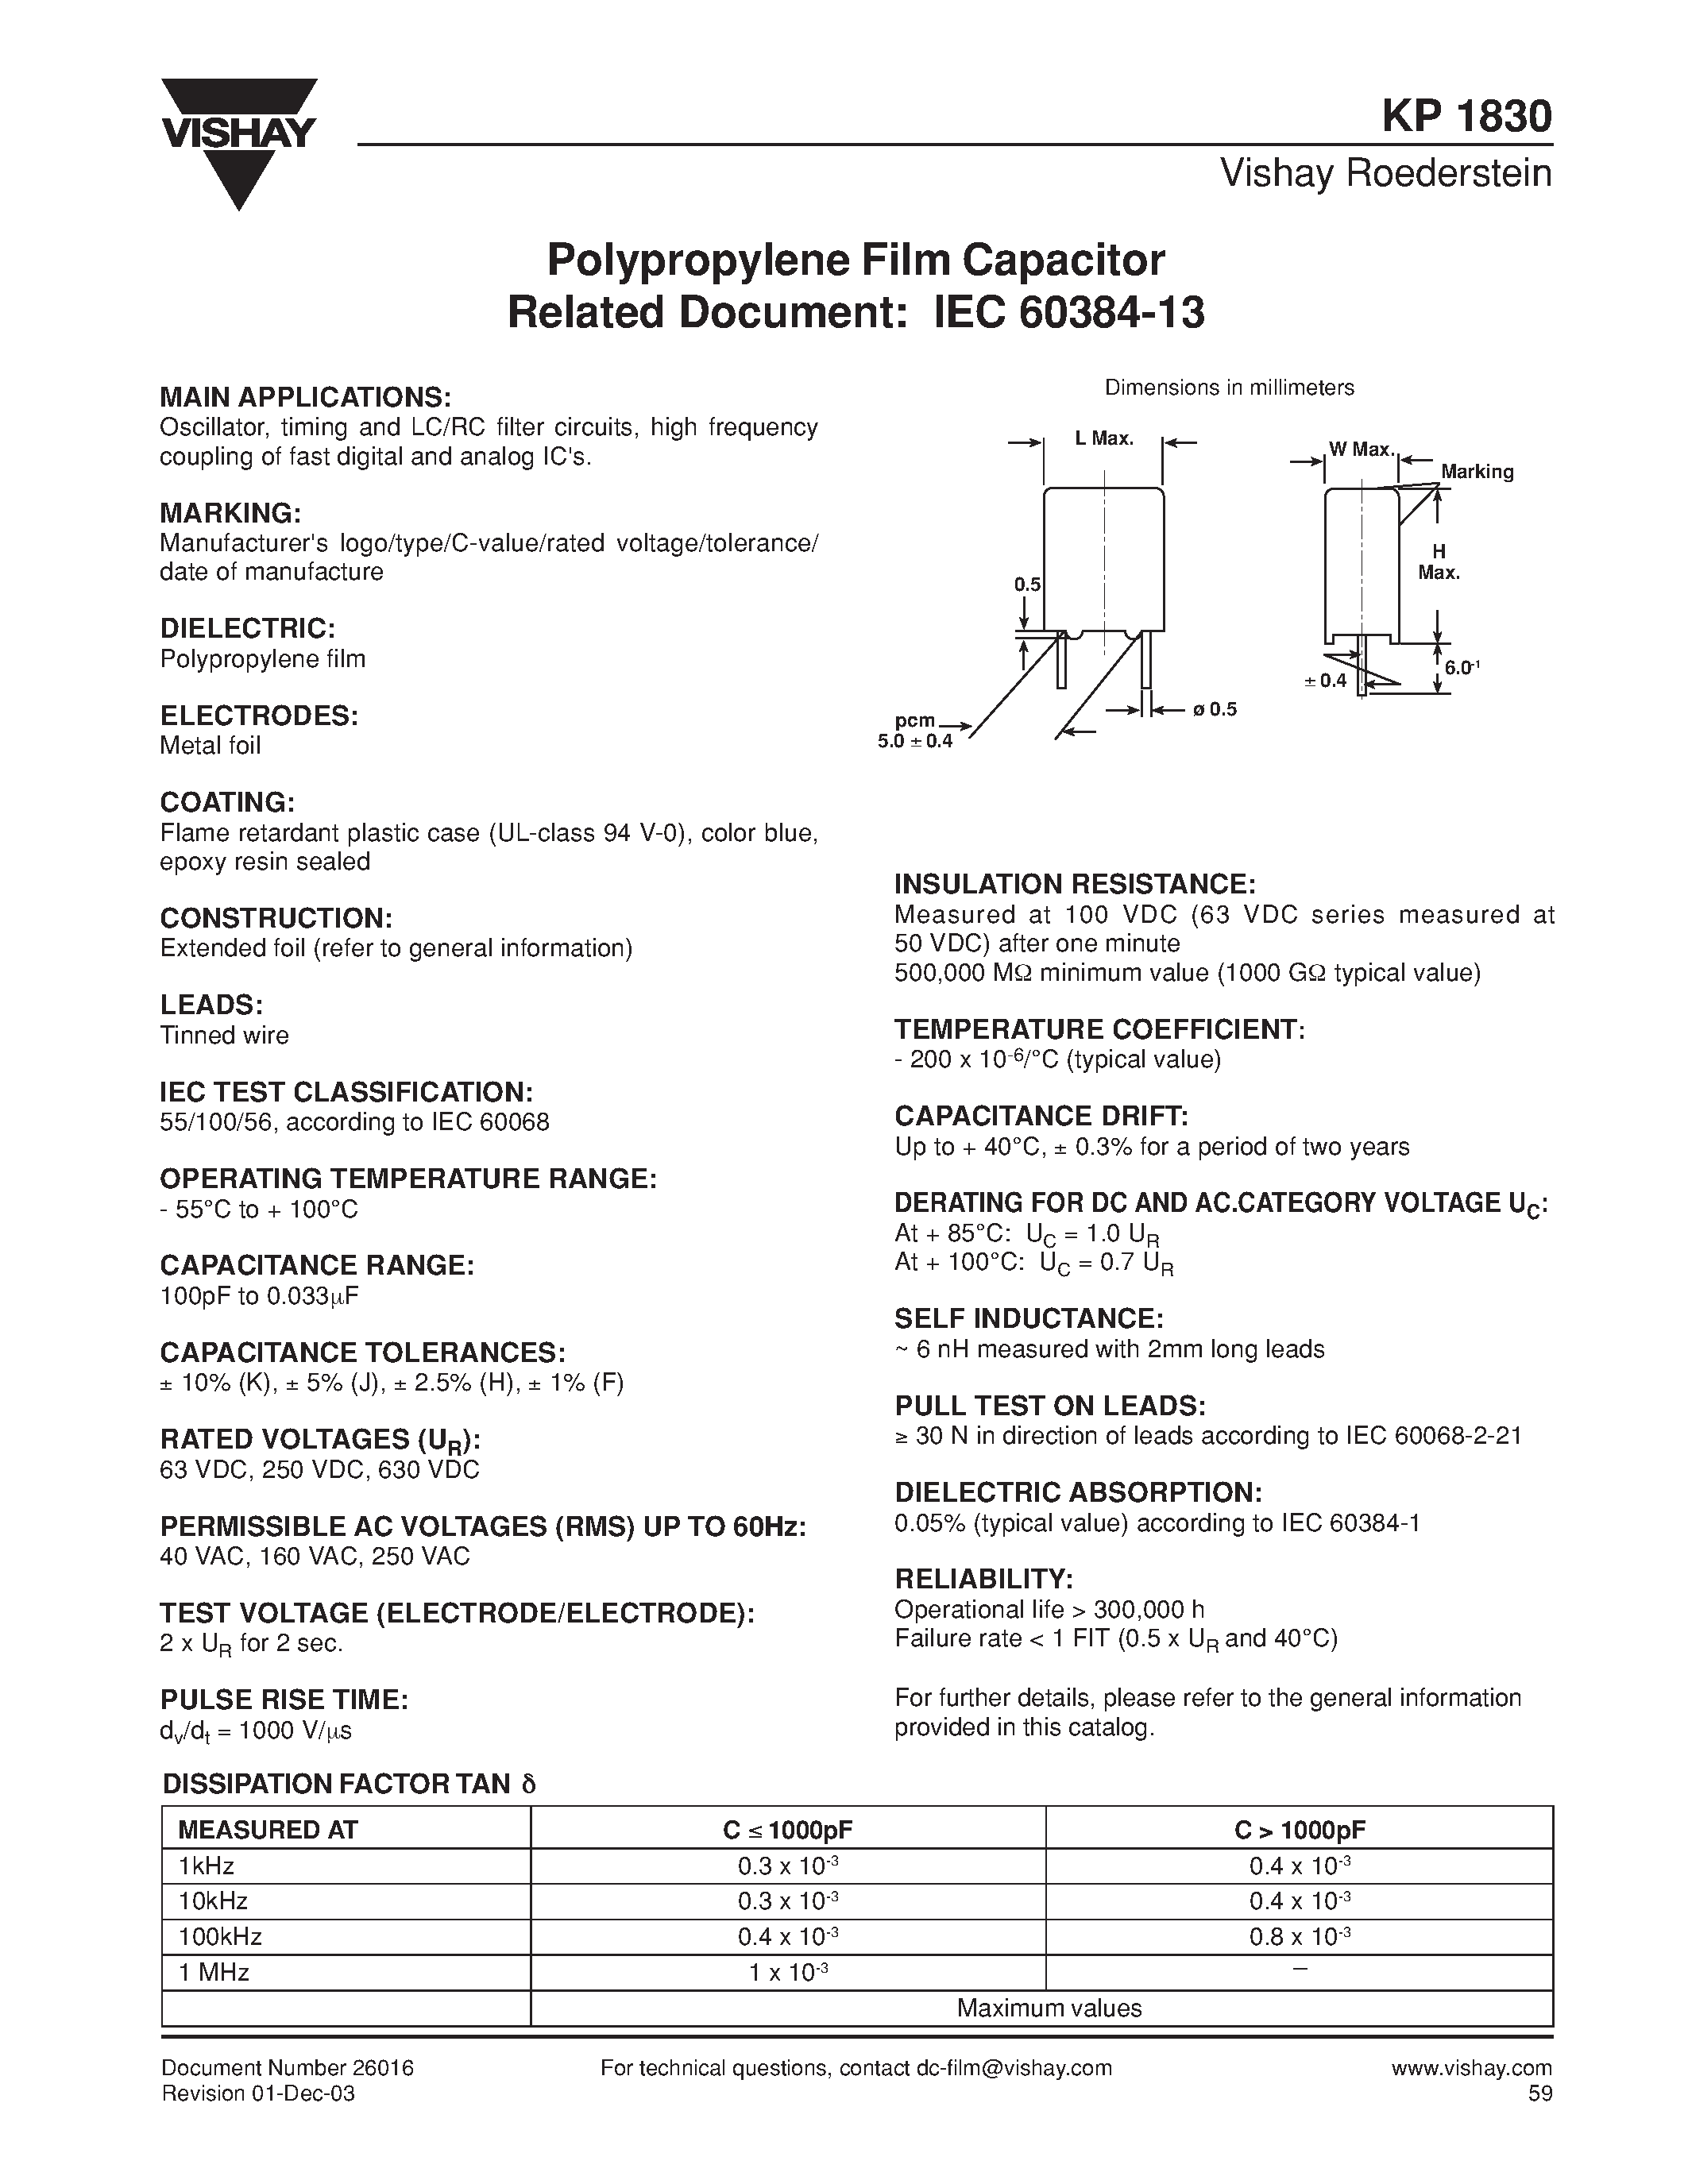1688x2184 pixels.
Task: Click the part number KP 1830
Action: point(1467,117)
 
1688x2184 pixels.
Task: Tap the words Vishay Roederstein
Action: point(1385,174)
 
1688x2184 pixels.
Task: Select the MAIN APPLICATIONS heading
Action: point(306,397)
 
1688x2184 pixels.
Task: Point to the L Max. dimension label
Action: point(1104,439)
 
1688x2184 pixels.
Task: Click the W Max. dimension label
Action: point(1361,450)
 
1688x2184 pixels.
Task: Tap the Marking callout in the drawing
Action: point(1477,472)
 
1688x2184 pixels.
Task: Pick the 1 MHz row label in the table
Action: point(213,1972)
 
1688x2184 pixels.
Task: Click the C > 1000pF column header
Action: point(1299,1830)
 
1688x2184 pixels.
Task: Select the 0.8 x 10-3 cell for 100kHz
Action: point(1299,1937)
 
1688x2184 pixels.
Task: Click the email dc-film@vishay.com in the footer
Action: point(1012,2068)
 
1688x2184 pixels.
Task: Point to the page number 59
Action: point(1540,2094)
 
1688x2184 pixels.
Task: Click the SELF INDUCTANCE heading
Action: point(1029,1319)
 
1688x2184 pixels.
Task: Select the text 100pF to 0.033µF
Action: point(259,1296)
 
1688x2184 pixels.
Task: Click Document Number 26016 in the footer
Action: point(287,2068)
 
